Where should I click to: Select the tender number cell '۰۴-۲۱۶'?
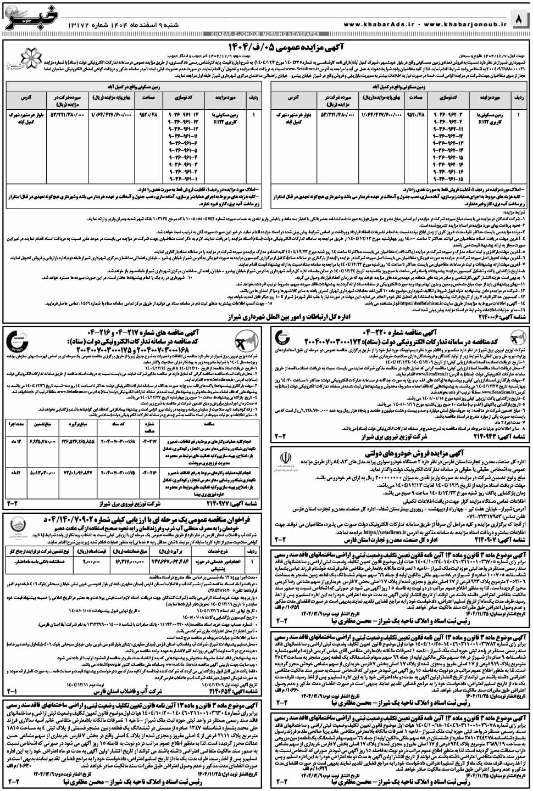149,472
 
